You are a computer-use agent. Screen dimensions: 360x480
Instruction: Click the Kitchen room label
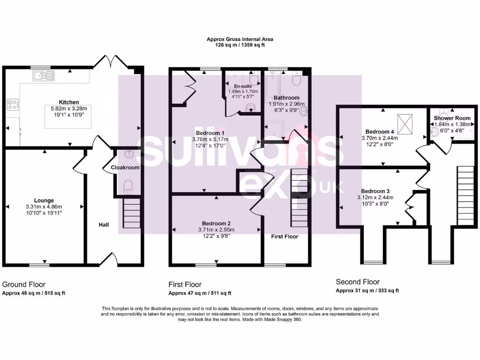(x=68, y=102)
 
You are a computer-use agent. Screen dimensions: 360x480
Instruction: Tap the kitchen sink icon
(x=43, y=75)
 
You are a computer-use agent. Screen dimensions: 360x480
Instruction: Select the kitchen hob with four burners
(x=13, y=104)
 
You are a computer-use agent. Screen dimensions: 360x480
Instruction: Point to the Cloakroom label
(x=125, y=167)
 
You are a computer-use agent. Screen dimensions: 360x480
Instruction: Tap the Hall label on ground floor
(x=104, y=225)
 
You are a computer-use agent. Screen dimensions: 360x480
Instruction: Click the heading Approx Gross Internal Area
(x=240, y=39)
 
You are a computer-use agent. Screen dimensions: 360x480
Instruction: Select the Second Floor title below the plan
(x=358, y=282)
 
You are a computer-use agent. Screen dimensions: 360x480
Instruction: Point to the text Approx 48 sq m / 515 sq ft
(x=34, y=293)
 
